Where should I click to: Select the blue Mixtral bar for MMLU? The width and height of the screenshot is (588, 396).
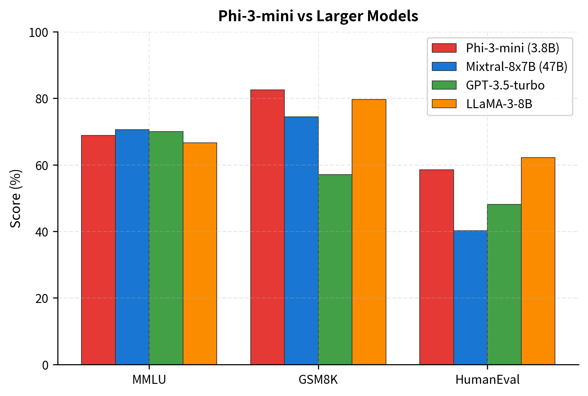tap(132, 247)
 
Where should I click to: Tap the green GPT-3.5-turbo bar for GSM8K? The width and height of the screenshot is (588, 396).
tap(335, 269)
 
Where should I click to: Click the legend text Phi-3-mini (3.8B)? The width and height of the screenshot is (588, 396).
tap(512, 48)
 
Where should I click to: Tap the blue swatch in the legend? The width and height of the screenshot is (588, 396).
tap(444, 66)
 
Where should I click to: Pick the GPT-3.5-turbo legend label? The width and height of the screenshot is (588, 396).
tap(505, 85)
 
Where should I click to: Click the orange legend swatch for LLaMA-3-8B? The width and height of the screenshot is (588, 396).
tap(444, 104)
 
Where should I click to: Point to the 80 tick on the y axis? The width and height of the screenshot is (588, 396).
tap(42, 99)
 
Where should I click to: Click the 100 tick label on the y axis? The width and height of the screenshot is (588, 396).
tap(38, 32)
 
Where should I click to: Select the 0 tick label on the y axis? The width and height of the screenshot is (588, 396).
tap(45, 365)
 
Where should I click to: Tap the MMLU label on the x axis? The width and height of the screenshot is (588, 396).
tap(149, 380)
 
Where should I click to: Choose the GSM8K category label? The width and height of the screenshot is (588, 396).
tap(318, 380)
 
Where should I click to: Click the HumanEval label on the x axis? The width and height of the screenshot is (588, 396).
tap(487, 380)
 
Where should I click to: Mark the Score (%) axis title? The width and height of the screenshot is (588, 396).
tap(15, 198)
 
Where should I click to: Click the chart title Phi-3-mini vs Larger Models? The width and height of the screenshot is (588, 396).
tap(318, 16)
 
